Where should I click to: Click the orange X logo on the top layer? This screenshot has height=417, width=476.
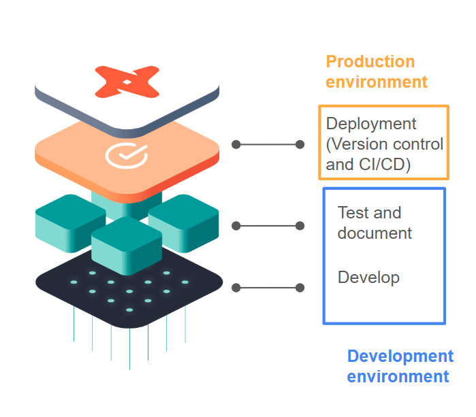coord(127,82)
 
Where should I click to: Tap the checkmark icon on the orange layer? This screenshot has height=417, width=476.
coord(126,155)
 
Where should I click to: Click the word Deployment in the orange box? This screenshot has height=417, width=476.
coord(371,124)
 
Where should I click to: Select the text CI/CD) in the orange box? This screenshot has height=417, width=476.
coord(385,164)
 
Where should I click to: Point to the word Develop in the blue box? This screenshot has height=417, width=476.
coord(368,278)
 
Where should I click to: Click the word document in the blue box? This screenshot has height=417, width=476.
coord(375,233)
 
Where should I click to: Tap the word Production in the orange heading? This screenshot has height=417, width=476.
coord(370,62)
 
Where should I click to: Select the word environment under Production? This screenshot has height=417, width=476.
coord(377,82)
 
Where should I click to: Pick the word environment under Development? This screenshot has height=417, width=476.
coord(398,376)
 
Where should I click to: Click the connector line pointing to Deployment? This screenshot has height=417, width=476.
coord(268,144)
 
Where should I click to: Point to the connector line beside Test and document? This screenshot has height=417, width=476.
coord(268,226)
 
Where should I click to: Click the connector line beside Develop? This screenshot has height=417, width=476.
coord(268,288)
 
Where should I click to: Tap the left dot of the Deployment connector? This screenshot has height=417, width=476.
coord(236,144)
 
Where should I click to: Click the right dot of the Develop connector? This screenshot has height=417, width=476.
coord(300,288)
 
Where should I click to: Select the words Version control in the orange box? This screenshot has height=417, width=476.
coord(396,144)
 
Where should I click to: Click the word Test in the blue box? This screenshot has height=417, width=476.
coord(351,213)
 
